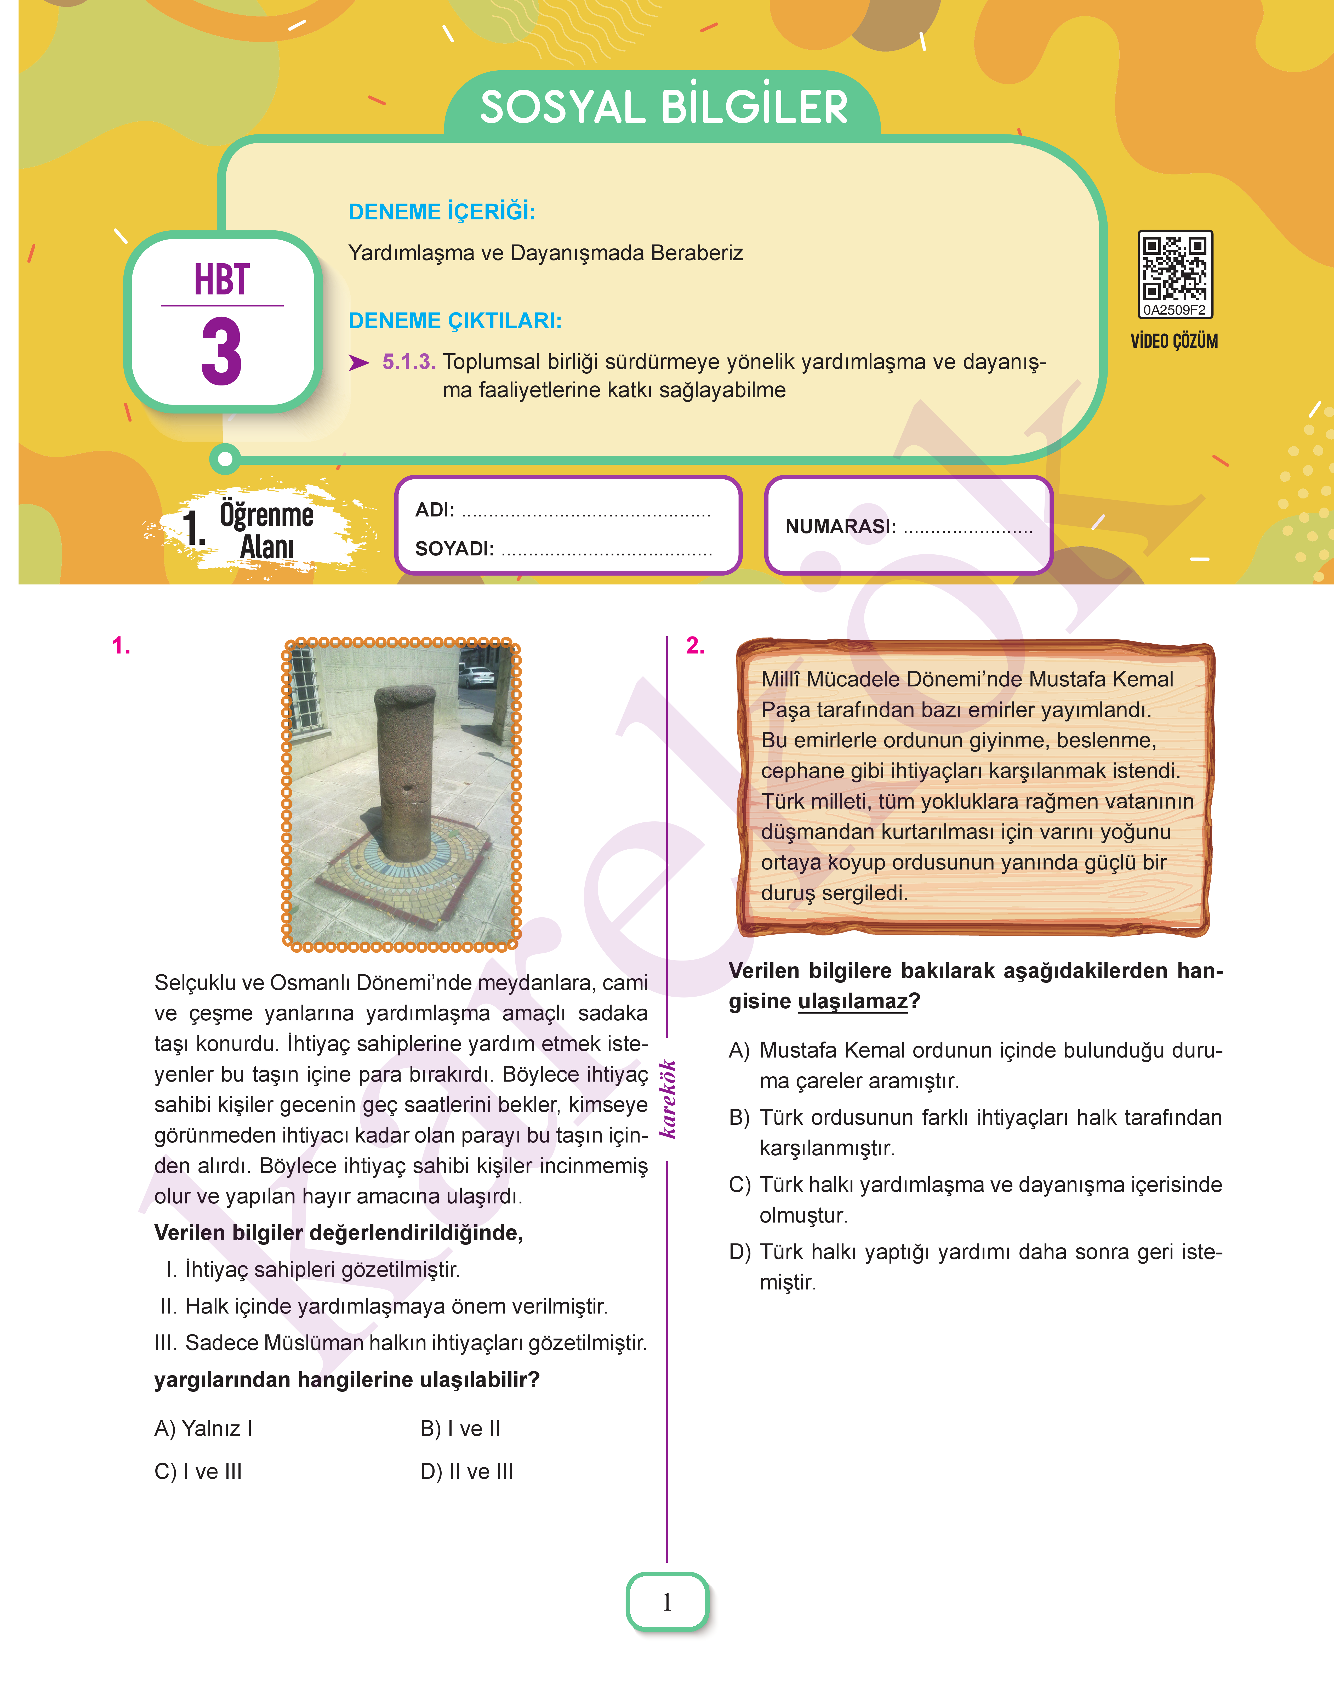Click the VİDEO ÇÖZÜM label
(x=1174, y=341)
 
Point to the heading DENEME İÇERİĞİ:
(x=441, y=212)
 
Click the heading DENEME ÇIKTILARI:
(x=455, y=321)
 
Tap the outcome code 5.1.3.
(x=408, y=362)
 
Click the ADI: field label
(x=434, y=510)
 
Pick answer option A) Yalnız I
(x=203, y=1429)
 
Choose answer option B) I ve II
(x=460, y=1429)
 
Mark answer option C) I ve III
(x=198, y=1471)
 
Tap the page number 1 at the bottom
(x=667, y=1602)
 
